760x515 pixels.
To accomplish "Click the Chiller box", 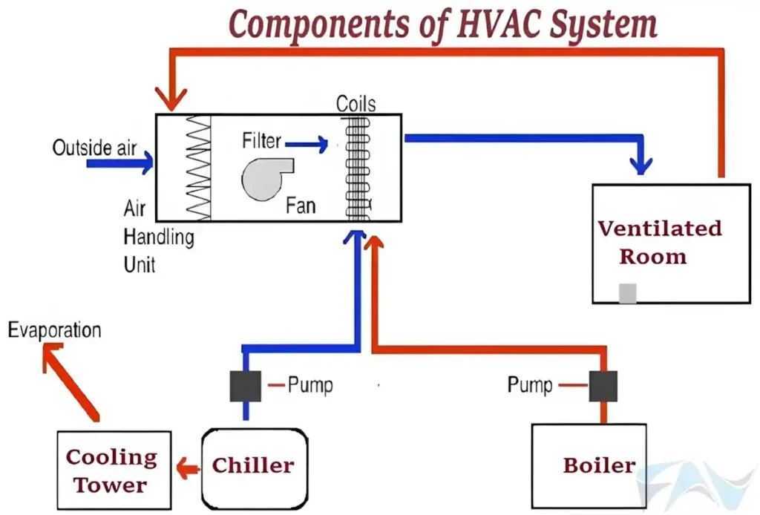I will (254, 465).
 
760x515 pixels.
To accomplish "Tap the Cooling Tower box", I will (114, 470).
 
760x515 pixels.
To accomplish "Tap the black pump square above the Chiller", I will (245, 386).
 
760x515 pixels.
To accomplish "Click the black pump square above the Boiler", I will (603, 386).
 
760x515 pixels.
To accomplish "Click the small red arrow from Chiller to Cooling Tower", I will (187, 468).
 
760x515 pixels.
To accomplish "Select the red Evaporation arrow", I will (70, 383).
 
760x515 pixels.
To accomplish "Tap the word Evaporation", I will (54, 330).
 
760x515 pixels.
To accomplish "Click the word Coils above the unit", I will (356, 103).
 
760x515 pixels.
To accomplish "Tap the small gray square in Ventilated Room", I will (628, 294).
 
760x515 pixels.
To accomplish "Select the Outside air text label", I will (94, 148).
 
